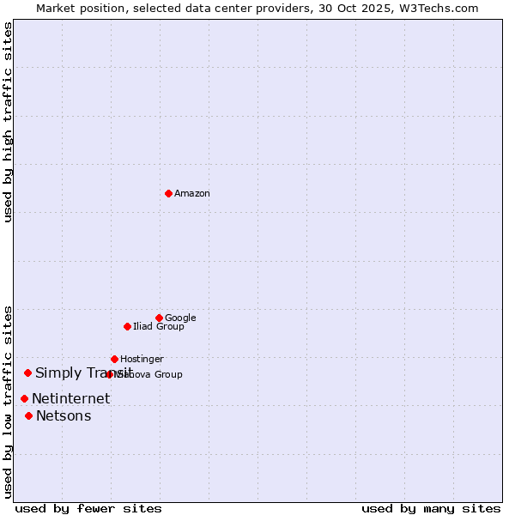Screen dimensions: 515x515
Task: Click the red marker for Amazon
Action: pos(168,193)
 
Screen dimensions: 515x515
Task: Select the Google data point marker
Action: pos(159,318)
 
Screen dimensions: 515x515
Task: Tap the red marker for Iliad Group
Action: pos(127,326)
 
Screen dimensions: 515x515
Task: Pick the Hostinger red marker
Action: pos(114,359)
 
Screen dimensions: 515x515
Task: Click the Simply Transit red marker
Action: pos(27,373)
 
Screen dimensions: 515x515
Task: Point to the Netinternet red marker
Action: pos(24,398)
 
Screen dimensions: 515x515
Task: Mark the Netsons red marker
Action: pos(28,415)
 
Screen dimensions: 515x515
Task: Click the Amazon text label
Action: pos(192,193)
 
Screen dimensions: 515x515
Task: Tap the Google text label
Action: pos(180,318)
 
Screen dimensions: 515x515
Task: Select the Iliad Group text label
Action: pos(159,326)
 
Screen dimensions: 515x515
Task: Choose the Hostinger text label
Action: pos(142,359)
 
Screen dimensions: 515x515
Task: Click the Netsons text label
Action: pos(64,416)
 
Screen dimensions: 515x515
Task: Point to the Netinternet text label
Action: pos(71,399)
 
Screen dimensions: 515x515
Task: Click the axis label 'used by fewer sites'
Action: pos(88,509)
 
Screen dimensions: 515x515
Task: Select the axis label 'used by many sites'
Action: pos(431,509)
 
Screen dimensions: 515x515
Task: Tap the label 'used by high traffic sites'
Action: pos(8,122)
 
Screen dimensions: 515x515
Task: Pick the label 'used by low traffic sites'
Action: pos(8,401)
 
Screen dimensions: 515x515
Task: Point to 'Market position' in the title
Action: pos(76,8)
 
